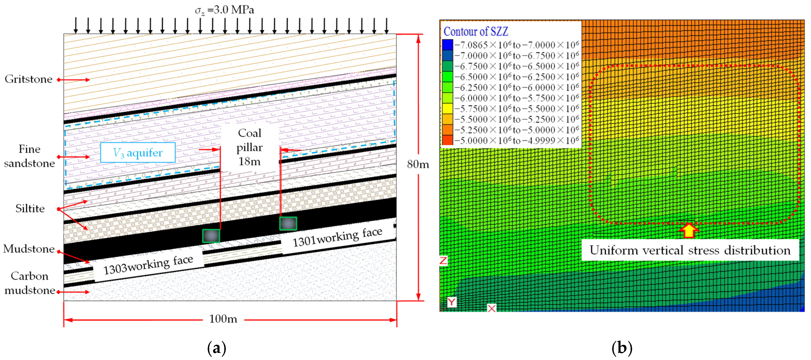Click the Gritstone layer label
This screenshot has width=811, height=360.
(29, 79)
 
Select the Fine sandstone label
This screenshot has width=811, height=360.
(29, 156)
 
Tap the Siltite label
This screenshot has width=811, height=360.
(30, 209)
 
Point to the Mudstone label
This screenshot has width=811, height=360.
(29, 249)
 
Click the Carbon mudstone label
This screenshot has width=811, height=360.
(29, 283)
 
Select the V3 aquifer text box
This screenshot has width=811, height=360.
(138, 153)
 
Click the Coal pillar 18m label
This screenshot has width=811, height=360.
(250, 147)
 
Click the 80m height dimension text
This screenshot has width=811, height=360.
(418, 164)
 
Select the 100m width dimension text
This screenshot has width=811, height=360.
(223, 319)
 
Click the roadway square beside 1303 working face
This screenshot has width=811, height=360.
(211, 236)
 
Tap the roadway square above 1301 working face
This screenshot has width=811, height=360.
(288, 223)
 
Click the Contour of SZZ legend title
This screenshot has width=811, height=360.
(476, 32)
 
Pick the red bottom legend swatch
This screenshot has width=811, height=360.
(447, 140)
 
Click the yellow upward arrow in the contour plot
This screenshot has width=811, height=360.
(689, 230)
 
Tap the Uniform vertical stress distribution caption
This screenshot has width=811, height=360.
(690, 250)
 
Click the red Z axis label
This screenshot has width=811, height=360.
(443, 261)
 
